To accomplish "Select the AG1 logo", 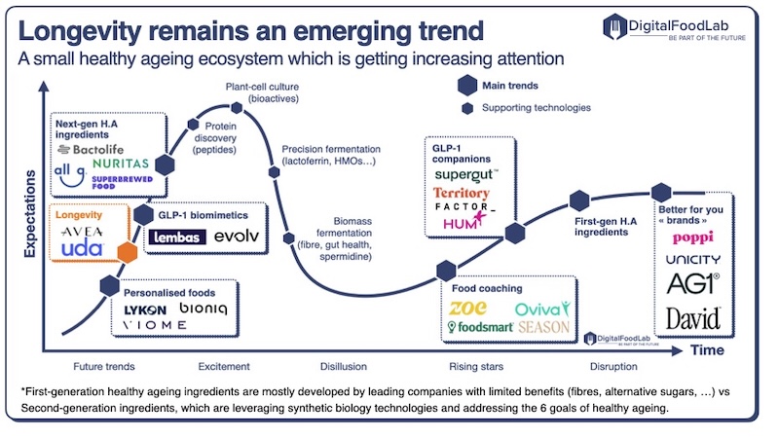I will (692, 283).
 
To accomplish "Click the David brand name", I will (693, 317).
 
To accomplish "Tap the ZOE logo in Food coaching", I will (469, 308).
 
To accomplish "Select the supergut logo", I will (466, 174).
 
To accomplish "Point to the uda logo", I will (83, 249).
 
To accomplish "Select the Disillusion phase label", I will (344, 367).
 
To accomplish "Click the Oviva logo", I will (541, 309).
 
